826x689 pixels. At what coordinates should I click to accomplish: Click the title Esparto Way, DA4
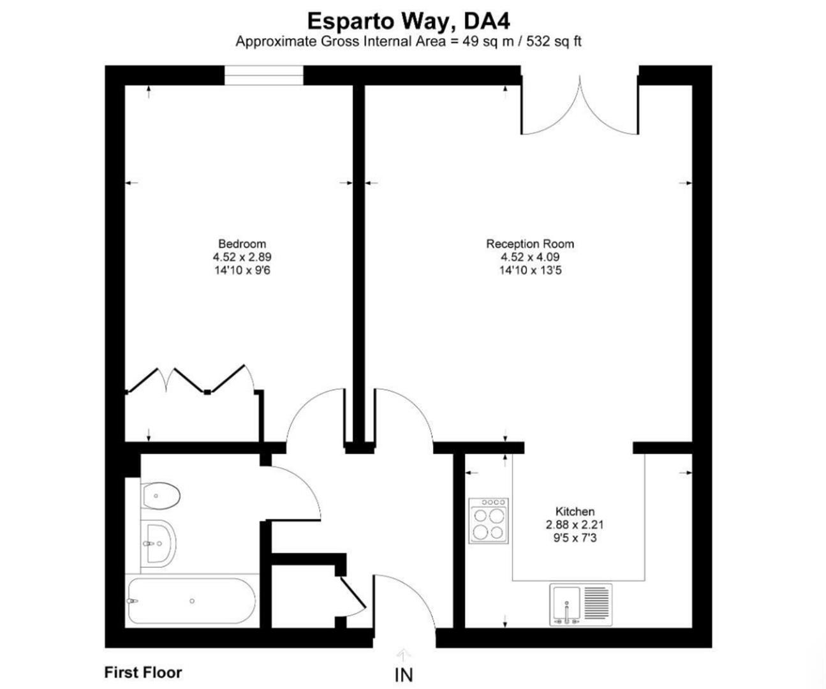(x=408, y=20)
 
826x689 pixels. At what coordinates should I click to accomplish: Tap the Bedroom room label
(x=242, y=244)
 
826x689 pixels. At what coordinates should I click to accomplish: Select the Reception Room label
(x=529, y=244)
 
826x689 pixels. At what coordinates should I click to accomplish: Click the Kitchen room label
(x=575, y=512)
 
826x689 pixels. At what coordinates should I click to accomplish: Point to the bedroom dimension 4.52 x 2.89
(x=242, y=257)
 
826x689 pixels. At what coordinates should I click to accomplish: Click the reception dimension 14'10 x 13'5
(x=529, y=270)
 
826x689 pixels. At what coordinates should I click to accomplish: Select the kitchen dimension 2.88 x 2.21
(x=575, y=525)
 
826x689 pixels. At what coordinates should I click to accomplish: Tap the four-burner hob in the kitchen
(x=489, y=521)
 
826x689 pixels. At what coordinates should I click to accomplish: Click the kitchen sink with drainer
(x=580, y=605)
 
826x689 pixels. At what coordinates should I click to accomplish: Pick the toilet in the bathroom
(x=161, y=496)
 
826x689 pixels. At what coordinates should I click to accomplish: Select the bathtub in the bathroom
(x=191, y=601)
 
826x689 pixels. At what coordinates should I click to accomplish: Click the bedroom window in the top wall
(x=263, y=75)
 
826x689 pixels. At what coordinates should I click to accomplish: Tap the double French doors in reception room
(x=580, y=108)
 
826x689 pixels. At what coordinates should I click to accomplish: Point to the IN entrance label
(x=403, y=675)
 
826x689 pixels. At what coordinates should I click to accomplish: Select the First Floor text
(x=143, y=672)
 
